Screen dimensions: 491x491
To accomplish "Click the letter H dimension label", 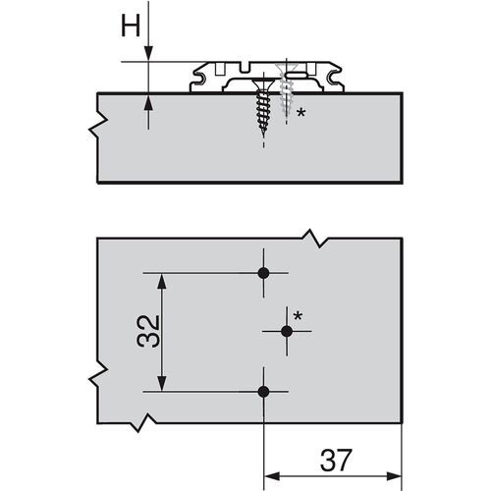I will (129, 27).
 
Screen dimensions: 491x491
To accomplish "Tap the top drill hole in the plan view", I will (263, 274).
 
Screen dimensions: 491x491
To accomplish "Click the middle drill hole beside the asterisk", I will (287, 333).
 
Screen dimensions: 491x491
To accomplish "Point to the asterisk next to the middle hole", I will (299, 315).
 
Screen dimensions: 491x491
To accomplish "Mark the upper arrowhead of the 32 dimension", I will (160, 282).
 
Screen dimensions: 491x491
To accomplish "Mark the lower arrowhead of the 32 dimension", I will (160, 383).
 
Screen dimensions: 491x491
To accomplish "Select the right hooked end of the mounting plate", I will (344, 76).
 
